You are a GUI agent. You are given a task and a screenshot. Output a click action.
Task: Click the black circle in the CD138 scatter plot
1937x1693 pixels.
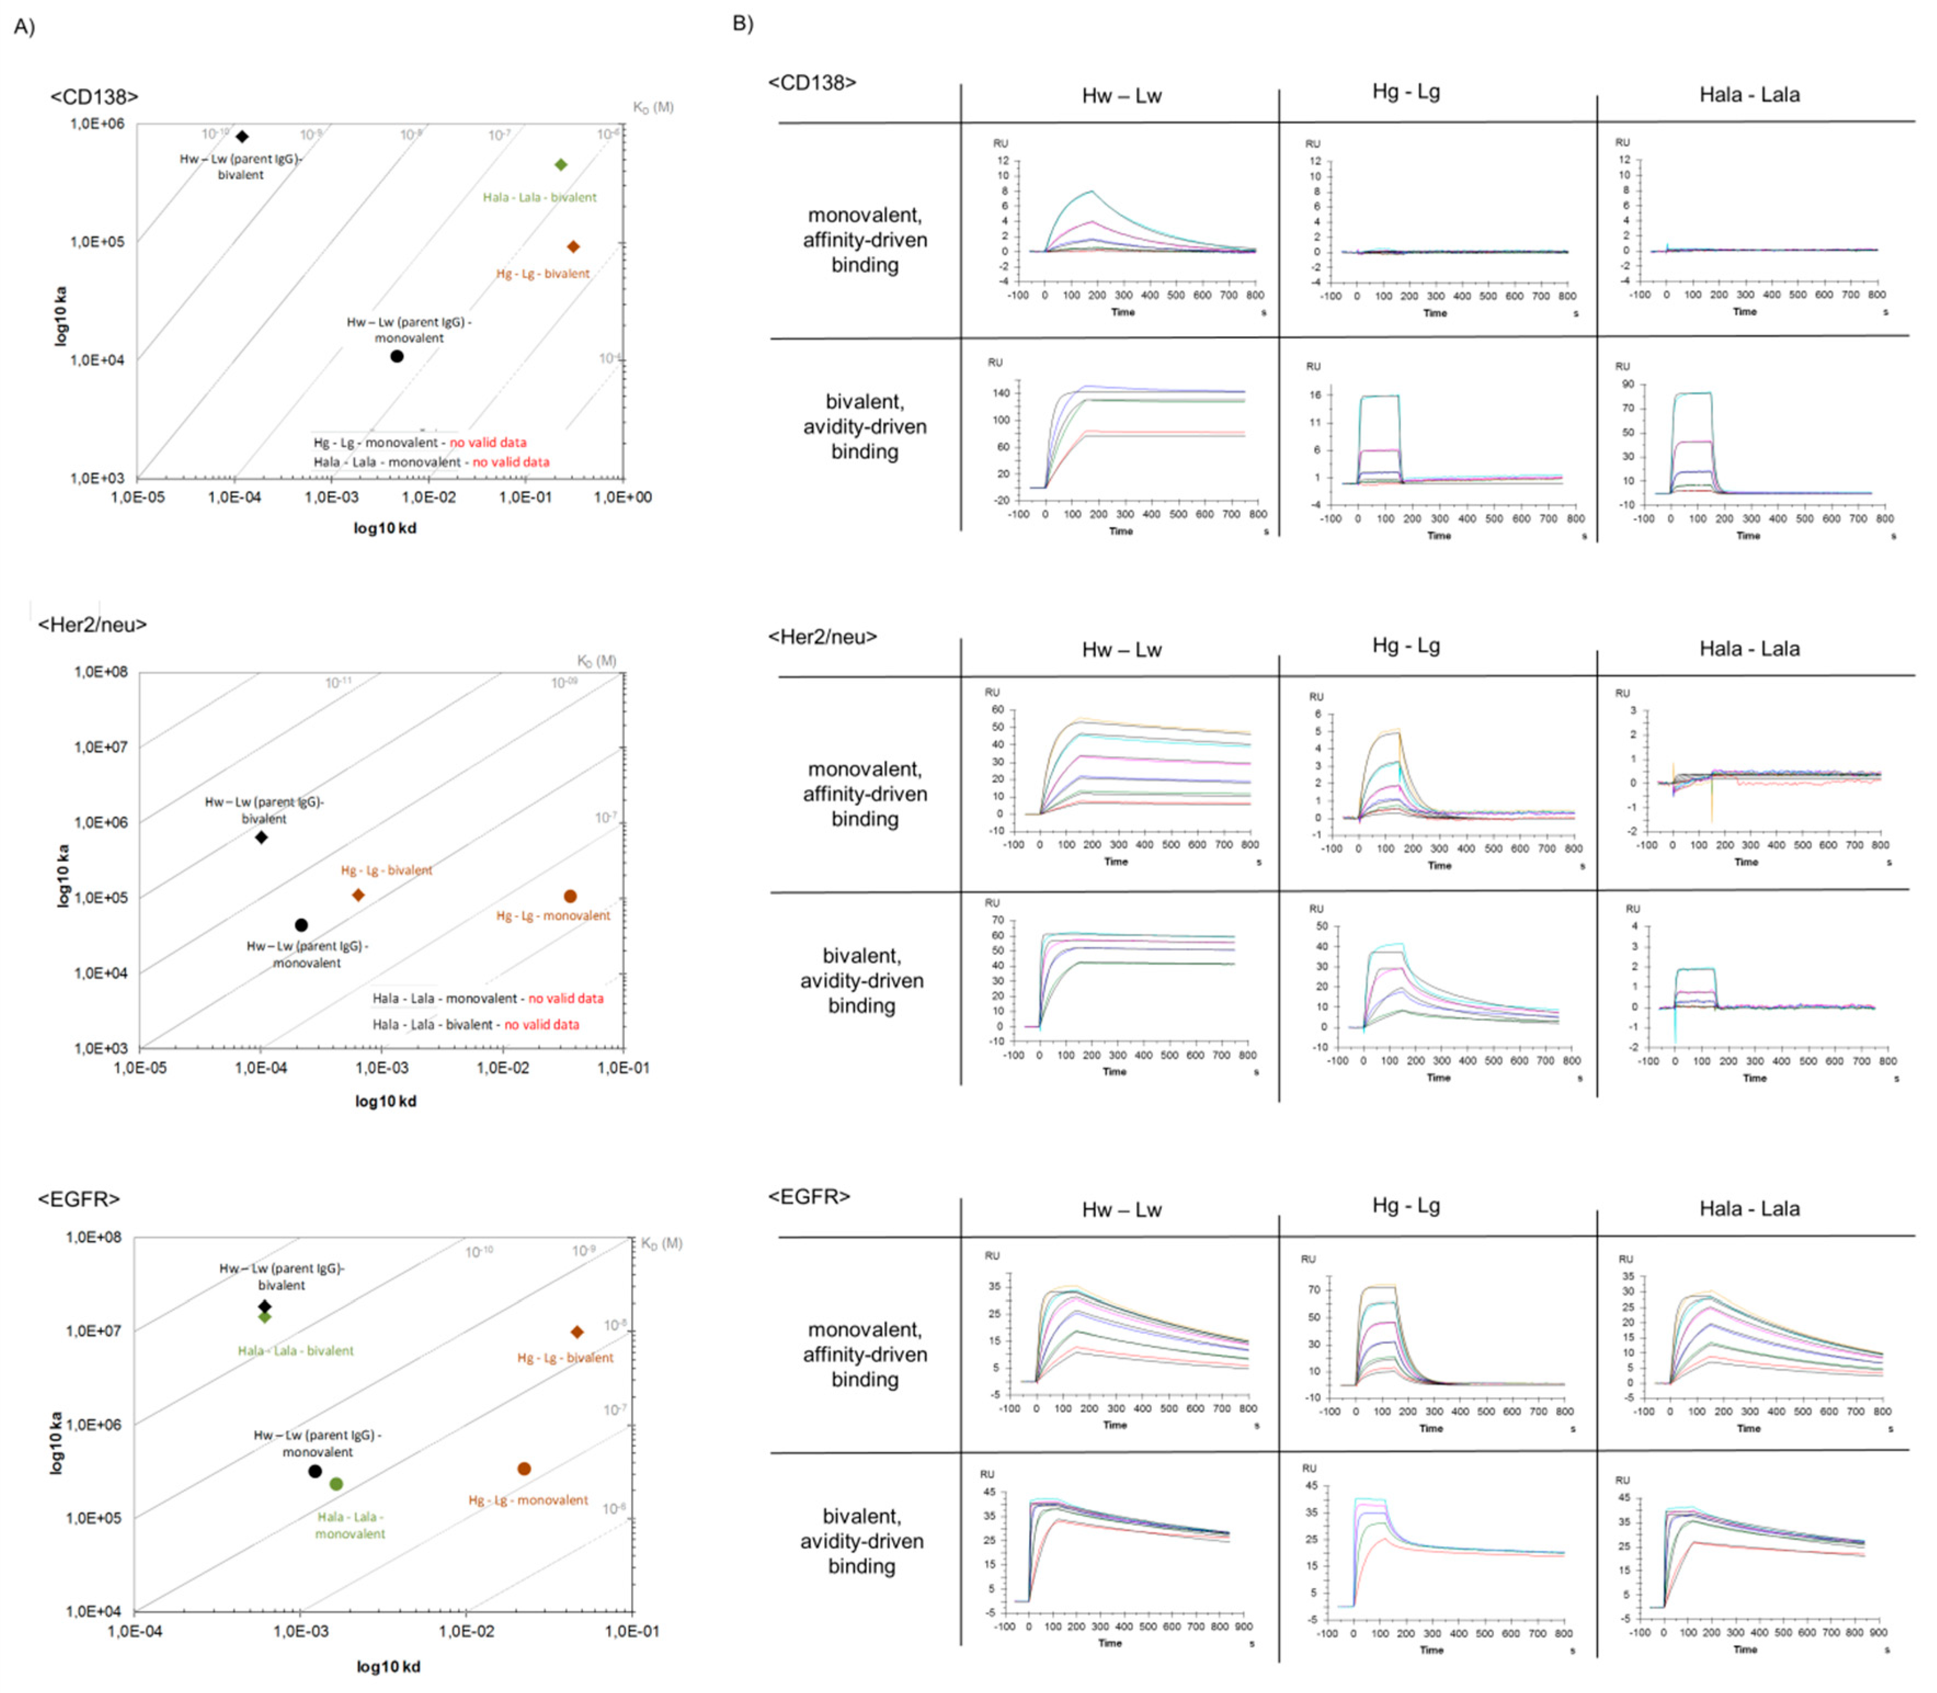coord(397,356)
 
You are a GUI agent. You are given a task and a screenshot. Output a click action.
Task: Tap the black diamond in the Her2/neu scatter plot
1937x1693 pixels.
coord(261,837)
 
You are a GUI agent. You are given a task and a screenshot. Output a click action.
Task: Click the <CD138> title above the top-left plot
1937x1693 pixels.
coord(94,96)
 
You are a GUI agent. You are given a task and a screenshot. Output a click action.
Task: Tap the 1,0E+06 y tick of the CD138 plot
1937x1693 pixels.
coord(98,124)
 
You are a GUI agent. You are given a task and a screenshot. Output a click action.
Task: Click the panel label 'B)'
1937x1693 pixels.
coord(742,22)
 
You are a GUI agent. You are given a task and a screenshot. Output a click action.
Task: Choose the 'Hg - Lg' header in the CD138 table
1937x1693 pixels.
coord(1405,92)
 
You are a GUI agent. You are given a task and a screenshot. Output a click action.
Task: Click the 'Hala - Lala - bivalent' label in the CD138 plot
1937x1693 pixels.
coord(539,197)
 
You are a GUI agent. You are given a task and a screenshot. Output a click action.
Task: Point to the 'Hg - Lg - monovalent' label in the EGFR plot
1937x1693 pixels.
coord(528,1499)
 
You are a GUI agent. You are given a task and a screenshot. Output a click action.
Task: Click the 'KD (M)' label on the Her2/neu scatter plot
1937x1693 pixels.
coord(596,661)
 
